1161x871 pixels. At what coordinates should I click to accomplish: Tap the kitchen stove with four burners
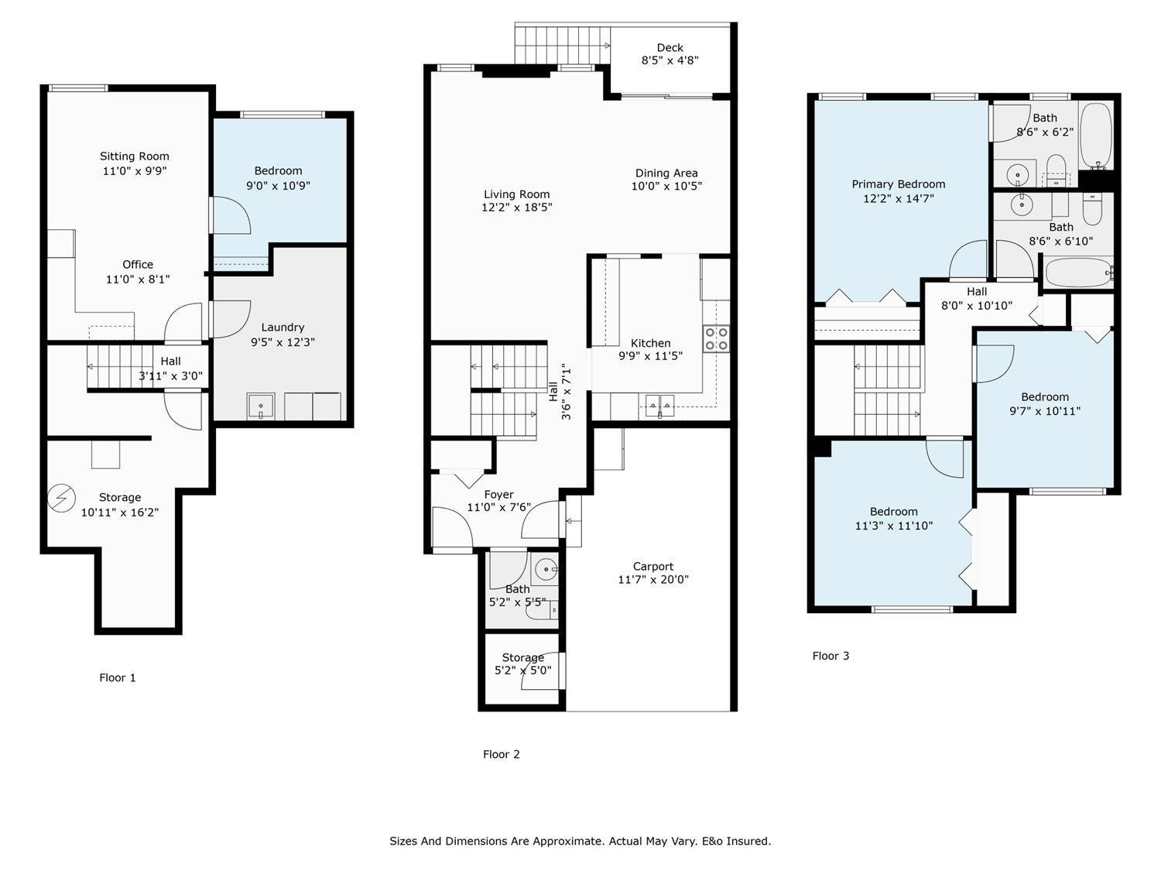715,339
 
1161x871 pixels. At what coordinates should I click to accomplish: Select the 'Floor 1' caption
118,677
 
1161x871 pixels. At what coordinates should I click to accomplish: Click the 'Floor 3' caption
831,656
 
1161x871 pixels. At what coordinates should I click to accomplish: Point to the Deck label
670,47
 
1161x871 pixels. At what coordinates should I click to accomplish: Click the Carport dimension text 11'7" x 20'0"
653,580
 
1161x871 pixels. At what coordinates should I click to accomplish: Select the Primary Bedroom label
898,184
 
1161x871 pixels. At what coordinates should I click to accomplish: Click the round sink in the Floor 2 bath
546,570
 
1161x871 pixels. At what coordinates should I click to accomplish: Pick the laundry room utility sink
261,406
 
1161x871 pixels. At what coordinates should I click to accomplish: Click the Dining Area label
666,173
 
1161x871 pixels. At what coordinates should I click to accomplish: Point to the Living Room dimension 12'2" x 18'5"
517,207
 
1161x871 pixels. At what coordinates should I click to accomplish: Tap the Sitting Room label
135,156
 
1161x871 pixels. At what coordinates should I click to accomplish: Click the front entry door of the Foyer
452,528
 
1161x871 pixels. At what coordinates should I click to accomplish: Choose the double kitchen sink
660,404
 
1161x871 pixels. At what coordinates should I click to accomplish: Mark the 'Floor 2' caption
502,754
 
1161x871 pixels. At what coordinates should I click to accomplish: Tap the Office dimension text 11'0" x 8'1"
138,279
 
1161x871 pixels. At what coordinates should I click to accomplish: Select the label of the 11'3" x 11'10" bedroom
893,512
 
